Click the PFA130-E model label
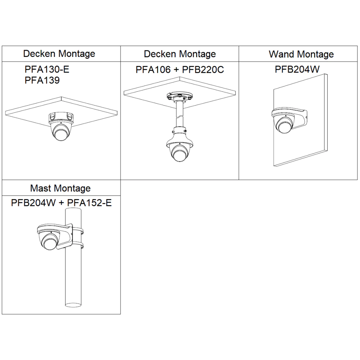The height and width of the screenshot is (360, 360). pyautogui.click(x=47, y=69)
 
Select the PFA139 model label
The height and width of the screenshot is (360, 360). pyautogui.click(x=42, y=80)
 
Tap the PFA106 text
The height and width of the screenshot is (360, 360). pyautogui.click(x=153, y=69)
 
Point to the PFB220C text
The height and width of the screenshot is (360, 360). pyautogui.click(x=203, y=69)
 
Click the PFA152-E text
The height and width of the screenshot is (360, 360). pyautogui.click(x=89, y=203)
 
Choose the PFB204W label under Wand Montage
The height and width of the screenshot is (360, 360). pyautogui.click(x=297, y=69)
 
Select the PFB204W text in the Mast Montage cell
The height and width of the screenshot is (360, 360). pyautogui.click(x=33, y=203)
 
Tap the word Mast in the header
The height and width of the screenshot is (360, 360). pyautogui.click(x=40, y=188)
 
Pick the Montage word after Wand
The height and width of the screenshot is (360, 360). pyautogui.click(x=315, y=55)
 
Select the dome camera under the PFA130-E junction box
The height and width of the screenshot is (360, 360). pyautogui.click(x=60, y=131)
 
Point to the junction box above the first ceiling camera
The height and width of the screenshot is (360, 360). pyautogui.click(x=61, y=118)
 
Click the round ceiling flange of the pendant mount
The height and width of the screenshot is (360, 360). pyautogui.click(x=180, y=96)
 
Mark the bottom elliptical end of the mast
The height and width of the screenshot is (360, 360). pyautogui.click(x=73, y=305)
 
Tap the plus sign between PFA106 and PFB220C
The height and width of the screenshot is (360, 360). pyautogui.click(x=176, y=70)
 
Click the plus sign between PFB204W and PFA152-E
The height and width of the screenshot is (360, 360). pyautogui.click(x=61, y=203)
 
